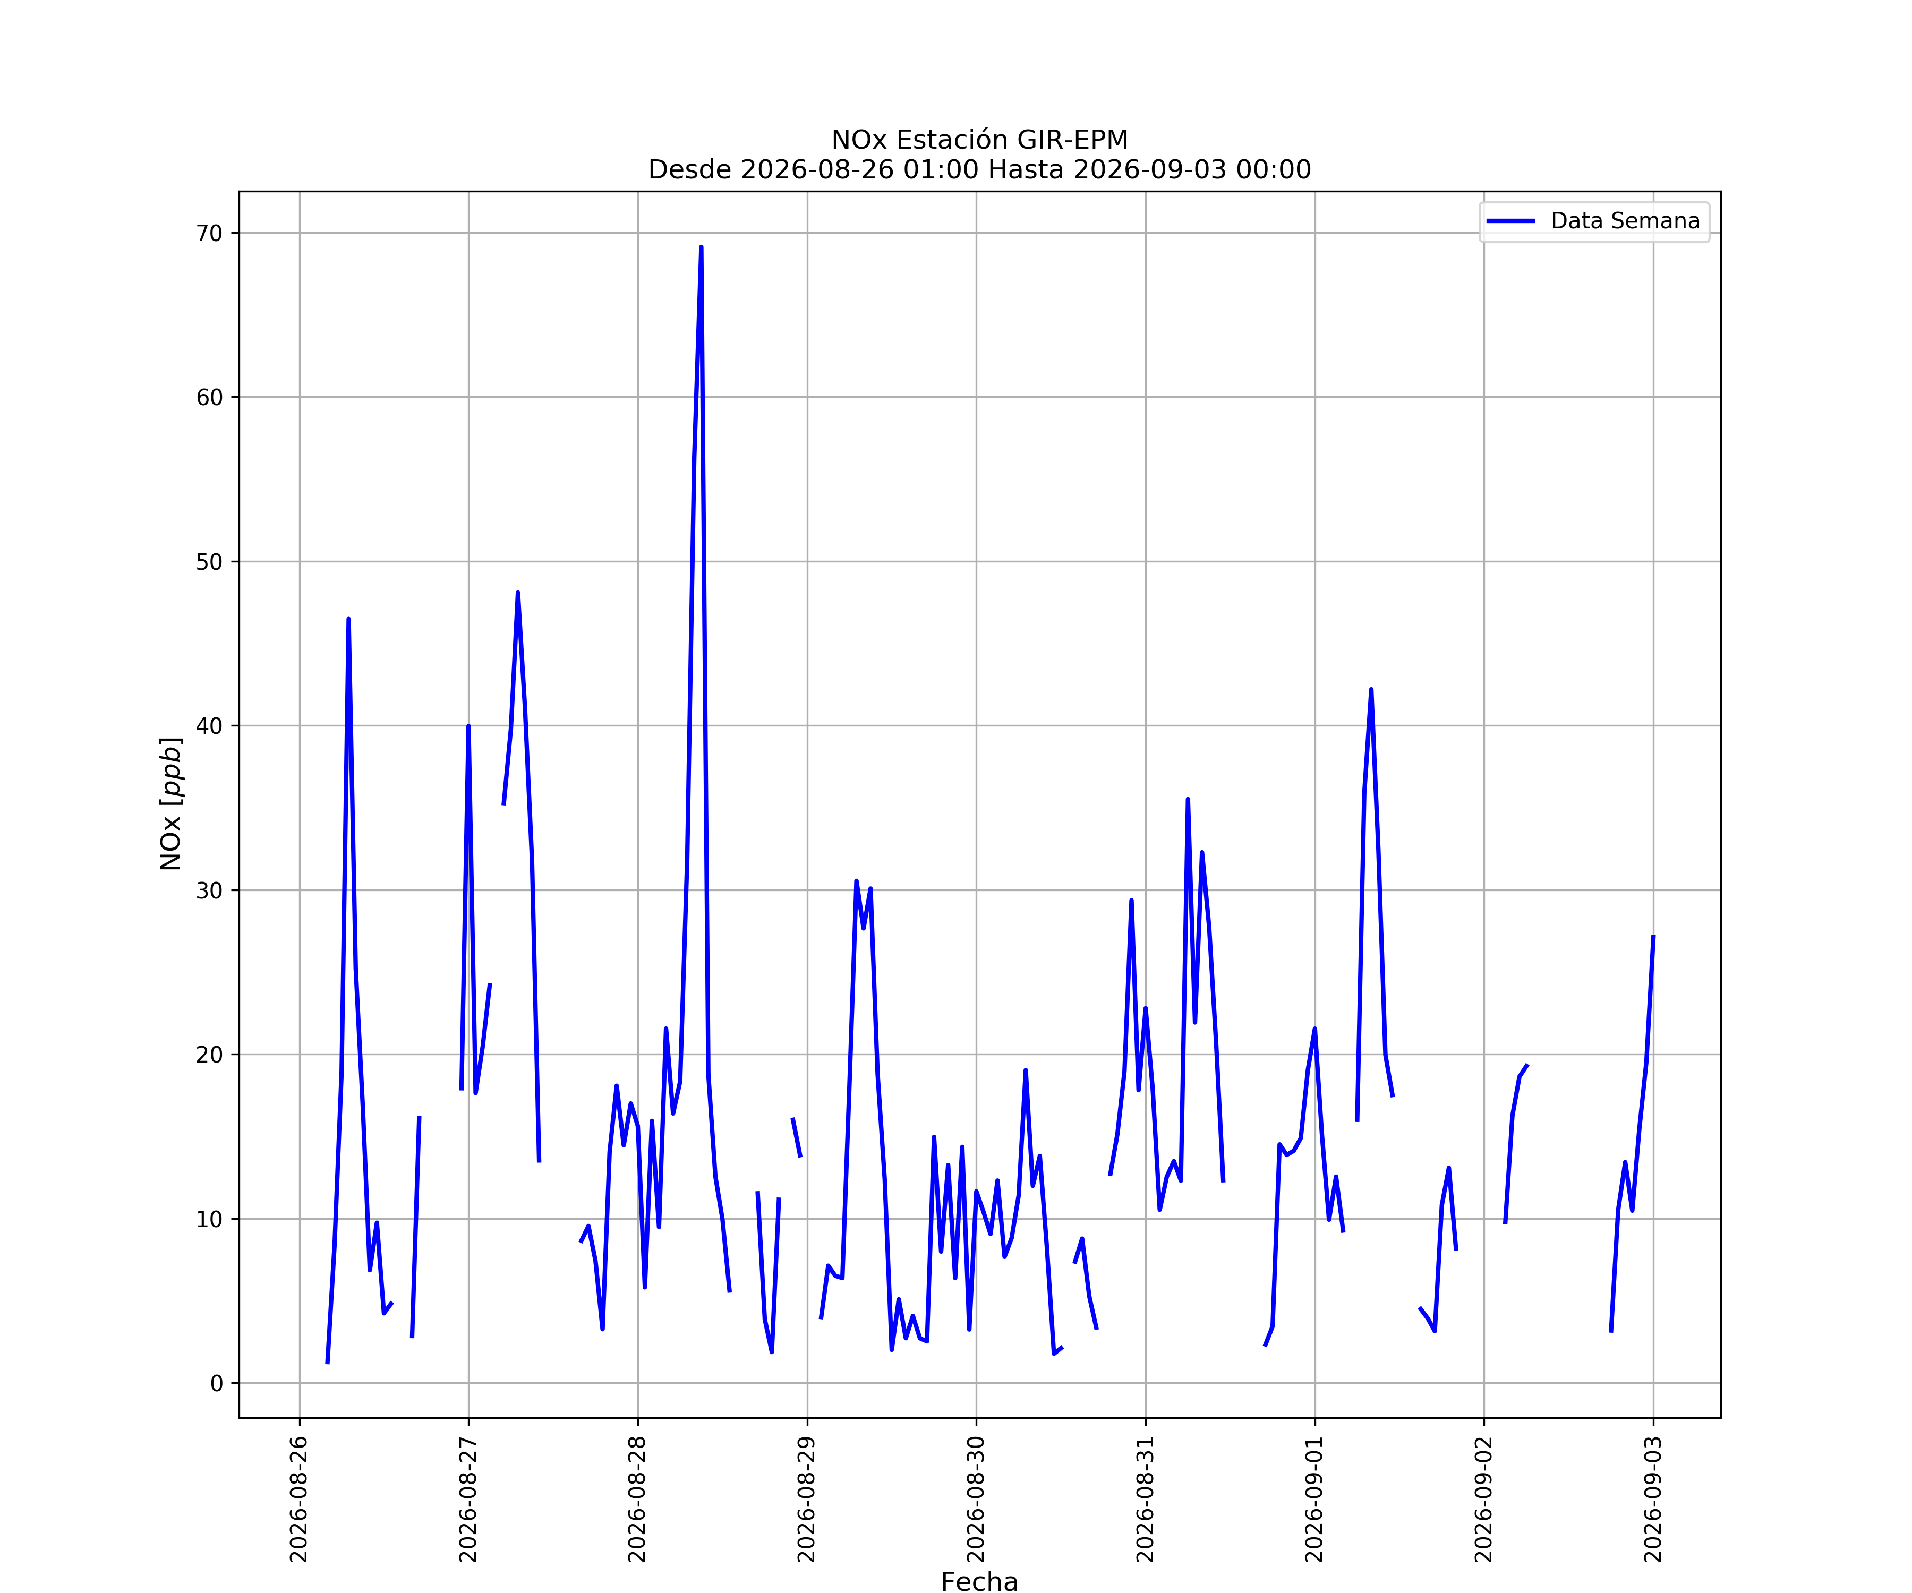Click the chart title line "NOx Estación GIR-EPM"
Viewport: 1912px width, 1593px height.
(980, 140)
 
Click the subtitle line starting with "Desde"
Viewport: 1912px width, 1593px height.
(980, 170)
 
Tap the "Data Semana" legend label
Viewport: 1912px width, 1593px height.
(1625, 221)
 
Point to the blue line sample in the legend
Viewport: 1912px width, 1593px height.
(1510, 221)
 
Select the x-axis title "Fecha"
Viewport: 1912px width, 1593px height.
(980, 1582)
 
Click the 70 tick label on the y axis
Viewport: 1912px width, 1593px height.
(209, 233)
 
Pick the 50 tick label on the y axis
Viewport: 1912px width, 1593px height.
(209, 562)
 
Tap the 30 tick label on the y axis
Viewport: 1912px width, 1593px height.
(209, 890)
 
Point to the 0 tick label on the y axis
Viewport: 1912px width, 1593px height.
(217, 1384)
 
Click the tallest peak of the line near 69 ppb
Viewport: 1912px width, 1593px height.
(701, 247)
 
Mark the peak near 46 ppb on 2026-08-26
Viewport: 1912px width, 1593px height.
(349, 619)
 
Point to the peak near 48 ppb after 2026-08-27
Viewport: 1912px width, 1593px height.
(518, 593)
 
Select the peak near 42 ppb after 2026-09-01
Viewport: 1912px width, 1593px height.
(1371, 689)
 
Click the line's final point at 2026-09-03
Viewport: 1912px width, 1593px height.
(1653, 936)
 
